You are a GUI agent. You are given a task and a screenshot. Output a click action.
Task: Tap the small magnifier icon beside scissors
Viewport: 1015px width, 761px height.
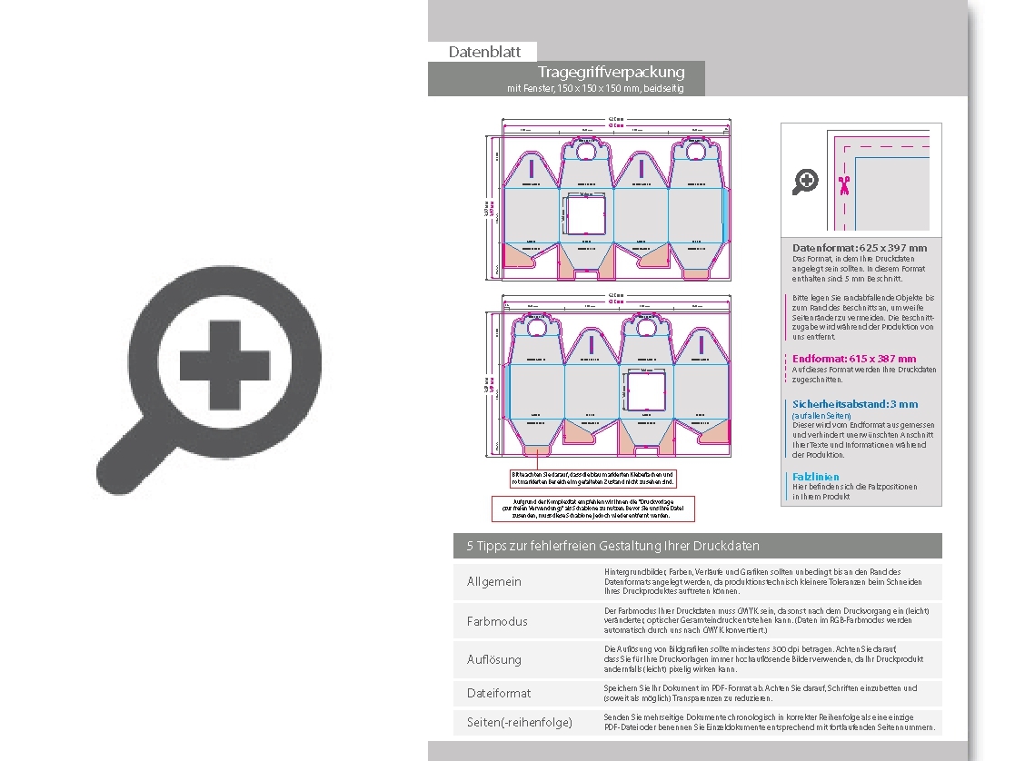click(x=805, y=182)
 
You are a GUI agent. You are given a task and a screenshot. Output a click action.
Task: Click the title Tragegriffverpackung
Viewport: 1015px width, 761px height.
click(x=611, y=72)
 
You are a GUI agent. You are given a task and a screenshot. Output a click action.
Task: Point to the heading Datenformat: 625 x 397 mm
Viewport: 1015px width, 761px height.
click(x=860, y=248)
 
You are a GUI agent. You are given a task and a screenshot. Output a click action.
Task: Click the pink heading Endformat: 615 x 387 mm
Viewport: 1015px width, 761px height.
click(x=854, y=359)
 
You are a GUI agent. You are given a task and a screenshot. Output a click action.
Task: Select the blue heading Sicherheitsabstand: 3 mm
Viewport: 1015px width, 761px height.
click(x=855, y=404)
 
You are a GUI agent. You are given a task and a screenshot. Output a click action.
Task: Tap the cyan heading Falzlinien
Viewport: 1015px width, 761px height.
click(x=816, y=477)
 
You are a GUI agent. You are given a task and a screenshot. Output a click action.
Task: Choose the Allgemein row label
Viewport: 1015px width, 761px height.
click(x=494, y=581)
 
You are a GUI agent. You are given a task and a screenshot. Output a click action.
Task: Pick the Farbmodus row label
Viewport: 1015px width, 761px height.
click(x=497, y=621)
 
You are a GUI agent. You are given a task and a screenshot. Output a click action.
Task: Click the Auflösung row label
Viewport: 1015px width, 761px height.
click(x=494, y=659)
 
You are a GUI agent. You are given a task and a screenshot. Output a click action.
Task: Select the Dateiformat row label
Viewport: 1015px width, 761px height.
click(x=499, y=693)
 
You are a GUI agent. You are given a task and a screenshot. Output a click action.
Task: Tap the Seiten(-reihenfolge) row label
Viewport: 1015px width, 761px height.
click(x=520, y=722)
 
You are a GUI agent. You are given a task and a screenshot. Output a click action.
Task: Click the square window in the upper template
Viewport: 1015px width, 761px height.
click(x=586, y=216)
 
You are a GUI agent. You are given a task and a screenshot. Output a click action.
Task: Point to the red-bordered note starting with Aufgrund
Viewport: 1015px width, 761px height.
click(x=592, y=509)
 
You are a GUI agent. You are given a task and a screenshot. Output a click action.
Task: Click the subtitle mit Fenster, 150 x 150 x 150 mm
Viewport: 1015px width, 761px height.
click(x=594, y=88)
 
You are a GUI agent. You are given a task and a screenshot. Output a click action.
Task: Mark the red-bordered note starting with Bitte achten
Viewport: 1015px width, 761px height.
click(x=592, y=478)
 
